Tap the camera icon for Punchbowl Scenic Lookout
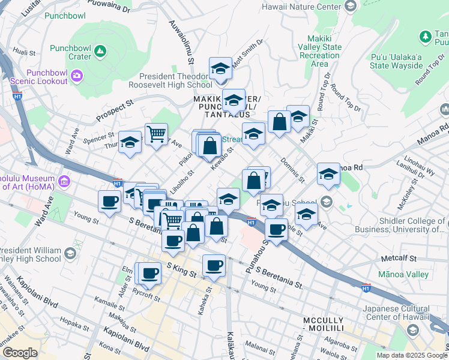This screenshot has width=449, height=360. coord(76,75)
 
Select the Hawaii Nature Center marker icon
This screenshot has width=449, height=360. coord(351,7)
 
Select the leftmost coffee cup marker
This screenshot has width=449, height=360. coord(109,202)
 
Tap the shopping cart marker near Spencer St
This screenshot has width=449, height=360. coord(156,133)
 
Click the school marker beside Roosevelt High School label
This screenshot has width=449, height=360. coord(220,69)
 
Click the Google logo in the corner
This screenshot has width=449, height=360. coord(20,353)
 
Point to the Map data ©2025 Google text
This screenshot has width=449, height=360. coord(412,355)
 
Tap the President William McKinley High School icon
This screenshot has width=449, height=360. coord(70,254)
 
